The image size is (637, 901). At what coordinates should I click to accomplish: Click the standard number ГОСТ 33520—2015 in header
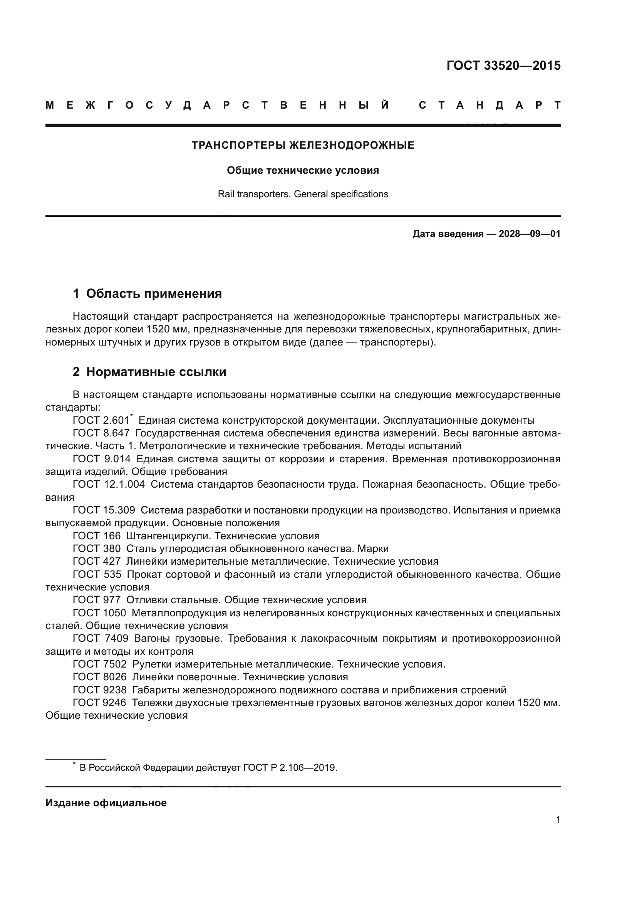pyautogui.click(x=503, y=65)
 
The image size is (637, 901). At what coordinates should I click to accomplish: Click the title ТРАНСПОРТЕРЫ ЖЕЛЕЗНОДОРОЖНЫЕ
pyautogui.click(x=303, y=146)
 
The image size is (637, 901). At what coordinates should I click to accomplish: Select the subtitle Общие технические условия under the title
pyautogui.click(x=303, y=171)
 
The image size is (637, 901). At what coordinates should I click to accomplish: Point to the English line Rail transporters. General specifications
pyautogui.click(x=303, y=194)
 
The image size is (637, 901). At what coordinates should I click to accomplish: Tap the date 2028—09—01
pyautogui.click(x=529, y=234)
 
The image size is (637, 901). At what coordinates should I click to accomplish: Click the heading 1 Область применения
pyautogui.click(x=147, y=294)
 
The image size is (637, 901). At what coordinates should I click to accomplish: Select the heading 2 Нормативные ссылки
pyautogui.click(x=149, y=372)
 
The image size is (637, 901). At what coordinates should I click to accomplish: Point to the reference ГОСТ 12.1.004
pyautogui.click(x=109, y=485)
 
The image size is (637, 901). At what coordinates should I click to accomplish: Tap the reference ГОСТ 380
pyautogui.click(x=97, y=549)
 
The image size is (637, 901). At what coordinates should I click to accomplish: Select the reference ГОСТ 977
pyautogui.click(x=97, y=600)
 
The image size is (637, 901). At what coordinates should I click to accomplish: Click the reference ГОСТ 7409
pyautogui.click(x=101, y=638)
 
